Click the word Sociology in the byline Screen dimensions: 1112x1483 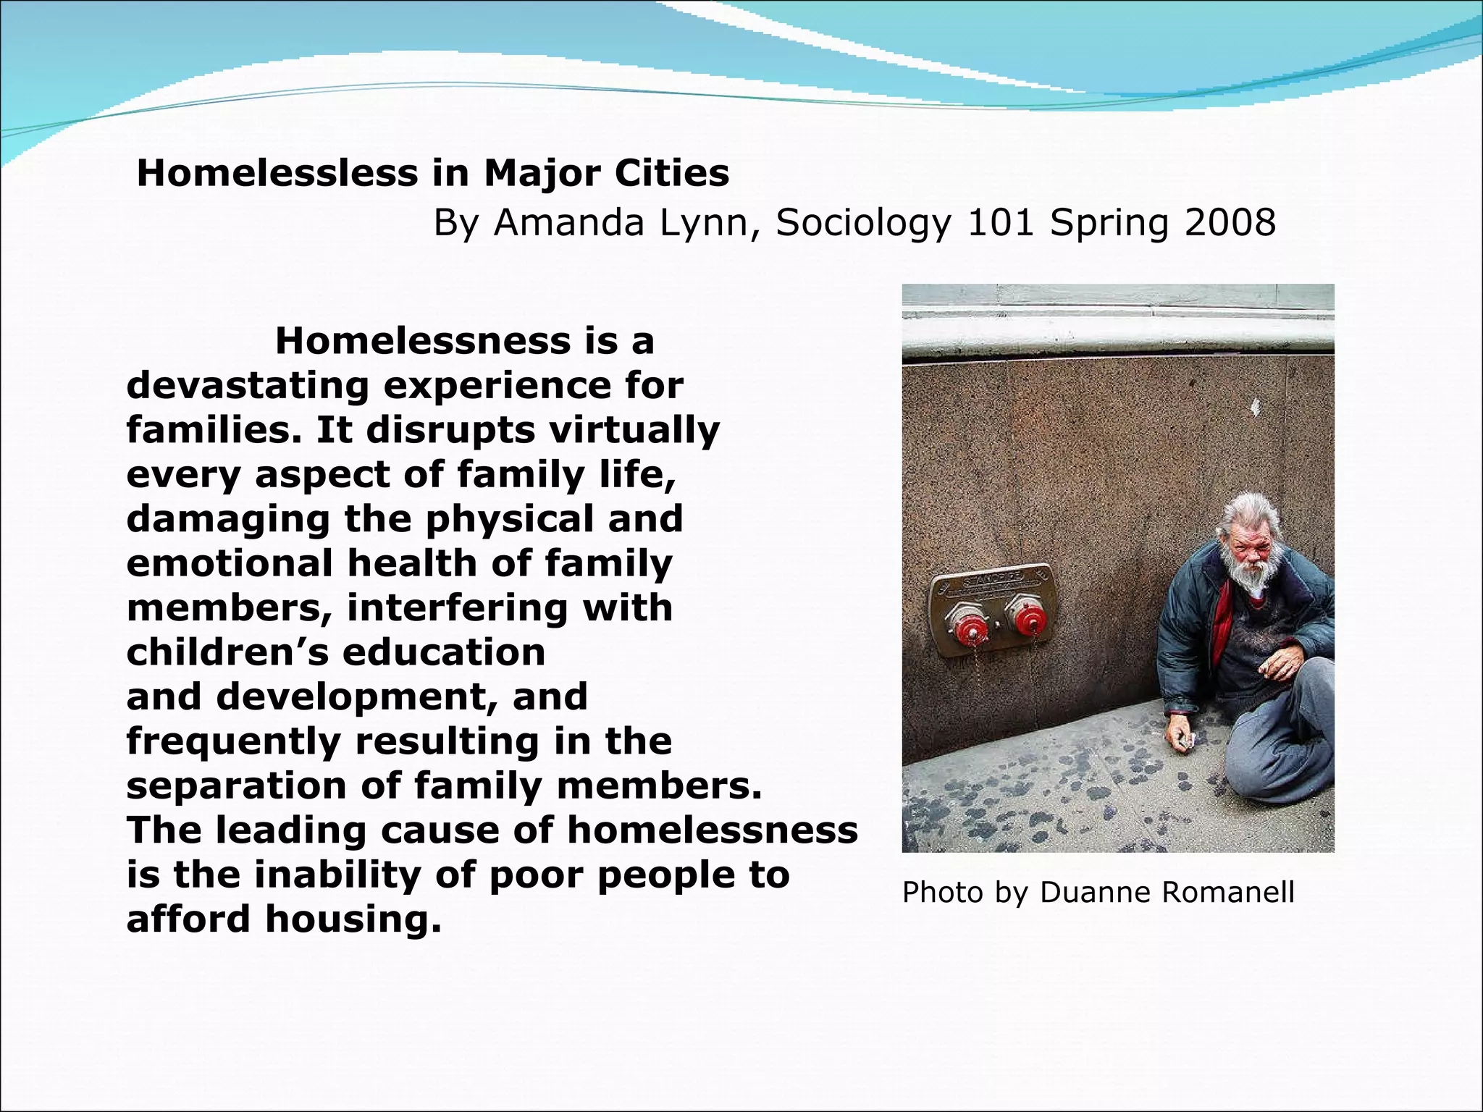click(x=862, y=224)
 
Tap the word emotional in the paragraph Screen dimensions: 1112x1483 click(x=229, y=563)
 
